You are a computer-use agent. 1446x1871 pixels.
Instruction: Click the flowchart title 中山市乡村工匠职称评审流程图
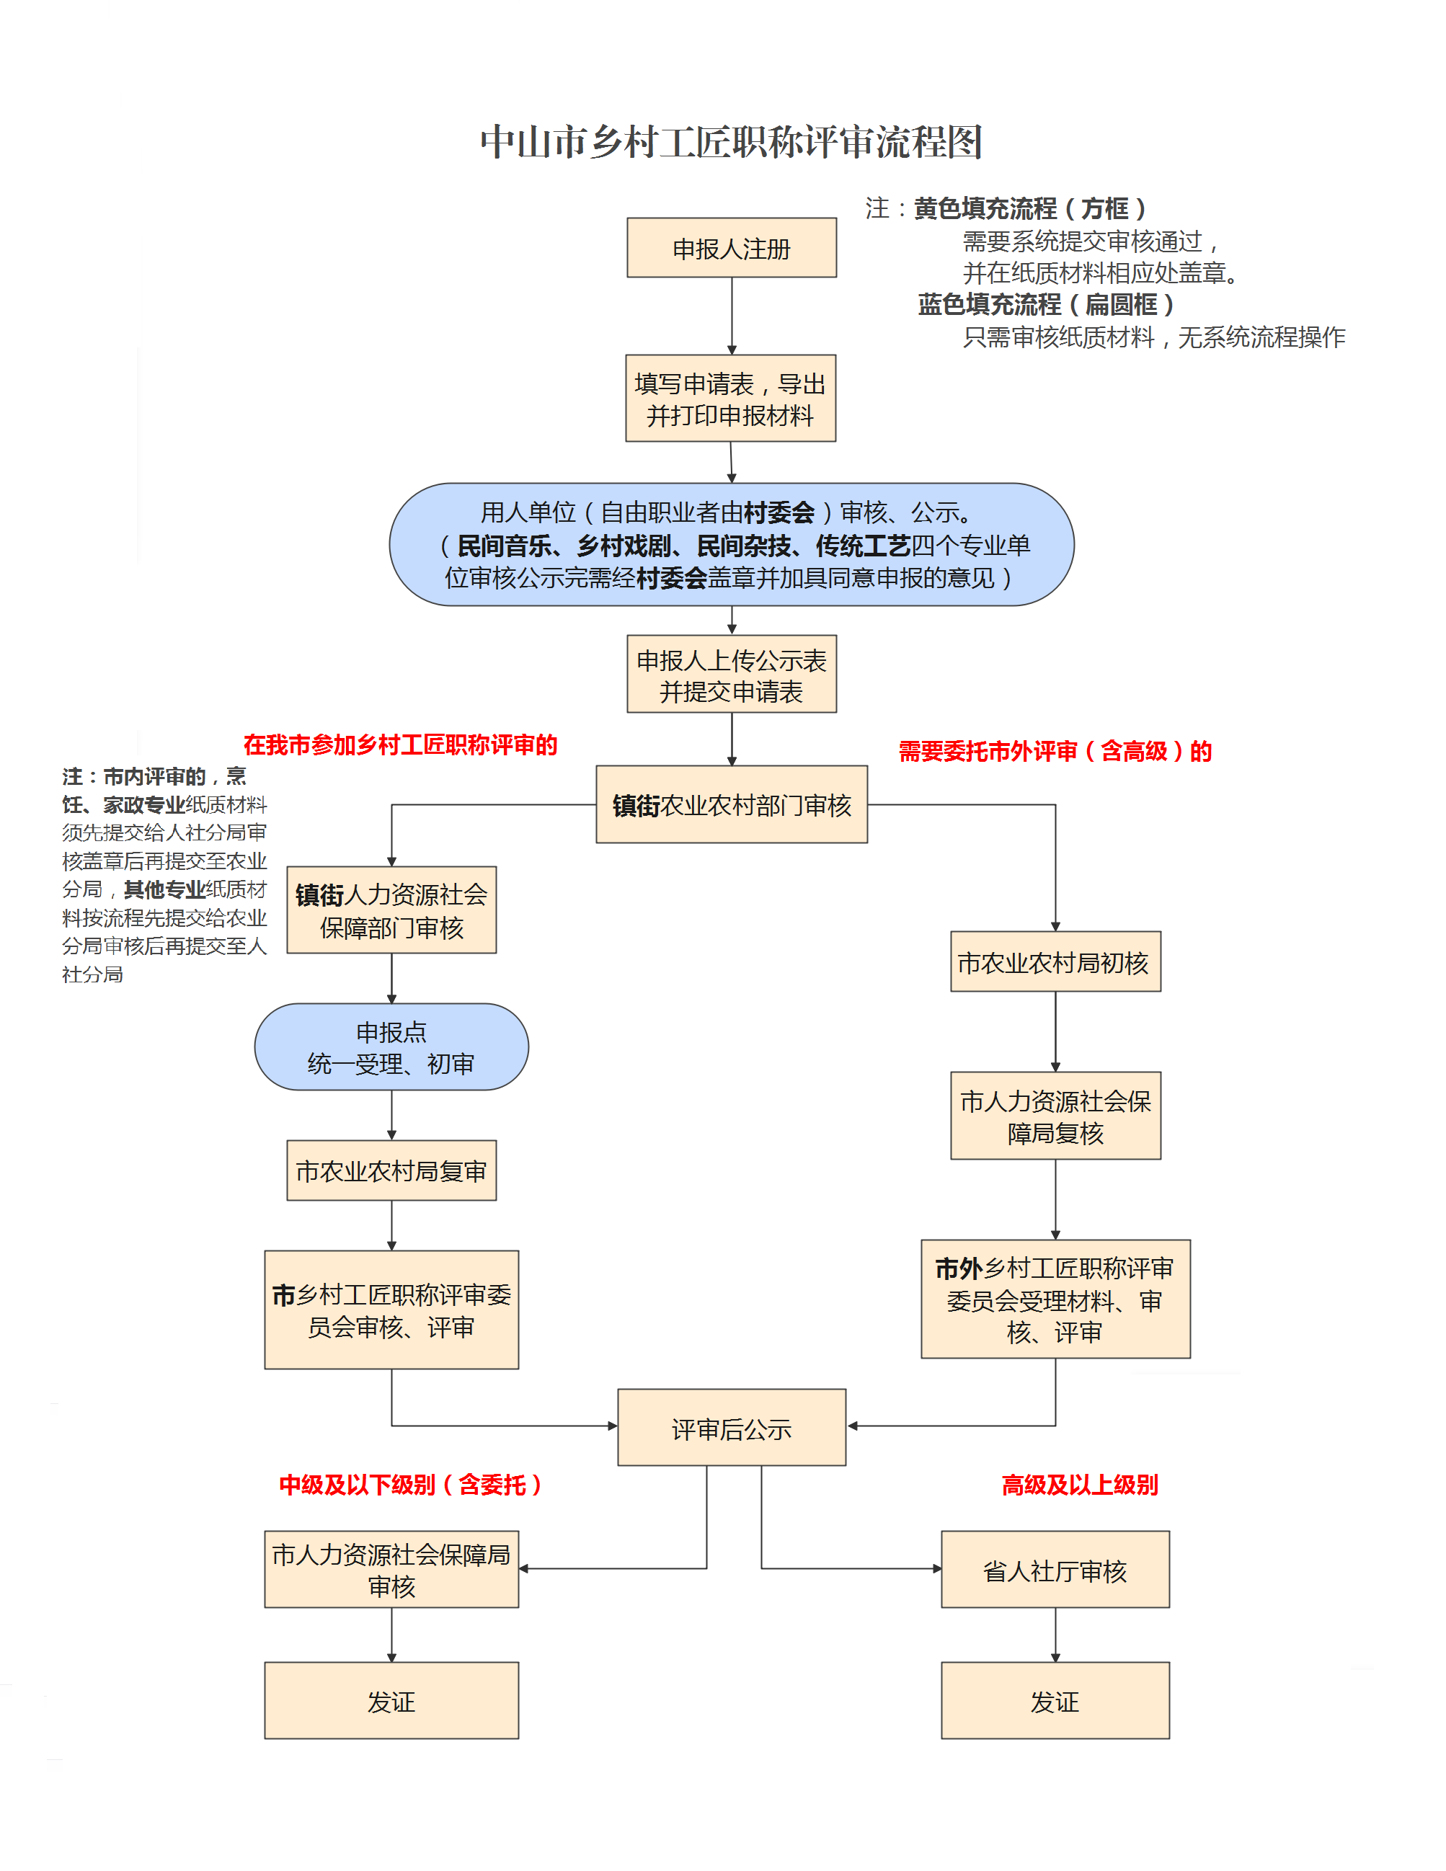pos(731,142)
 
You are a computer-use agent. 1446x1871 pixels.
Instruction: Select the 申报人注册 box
pos(732,249)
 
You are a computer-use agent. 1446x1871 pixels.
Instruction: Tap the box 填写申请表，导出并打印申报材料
pos(731,399)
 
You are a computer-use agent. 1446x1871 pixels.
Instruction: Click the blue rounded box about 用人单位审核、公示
pos(732,545)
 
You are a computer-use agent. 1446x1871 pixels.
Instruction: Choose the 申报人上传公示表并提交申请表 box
pos(732,674)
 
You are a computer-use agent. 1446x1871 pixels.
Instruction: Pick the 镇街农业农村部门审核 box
pos(732,804)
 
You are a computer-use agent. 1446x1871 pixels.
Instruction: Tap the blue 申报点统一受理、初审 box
pos(391,1047)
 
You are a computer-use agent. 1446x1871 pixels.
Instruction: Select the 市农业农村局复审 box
pos(391,1170)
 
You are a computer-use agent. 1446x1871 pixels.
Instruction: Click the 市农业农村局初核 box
pos(1055,962)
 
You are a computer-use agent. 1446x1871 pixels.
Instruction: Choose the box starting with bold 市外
pos(1055,1299)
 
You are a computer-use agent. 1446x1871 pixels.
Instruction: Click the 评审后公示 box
pos(732,1428)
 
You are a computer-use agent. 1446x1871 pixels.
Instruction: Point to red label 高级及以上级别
pos(1079,1485)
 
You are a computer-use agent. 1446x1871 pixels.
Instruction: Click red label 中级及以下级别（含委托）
pos(410,1485)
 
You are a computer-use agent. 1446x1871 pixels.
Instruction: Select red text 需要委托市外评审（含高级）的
pos(1055,751)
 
